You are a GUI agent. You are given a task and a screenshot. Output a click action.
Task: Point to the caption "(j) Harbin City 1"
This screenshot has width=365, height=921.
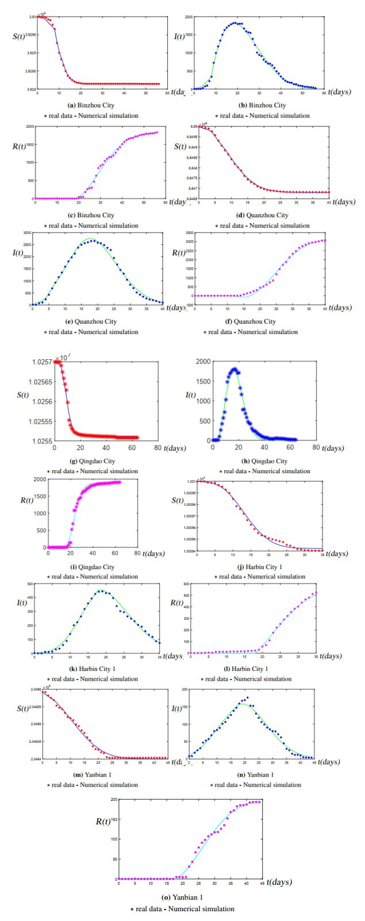click(259, 567)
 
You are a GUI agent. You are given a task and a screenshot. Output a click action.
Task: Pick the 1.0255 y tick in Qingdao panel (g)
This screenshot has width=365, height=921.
click(41, 441)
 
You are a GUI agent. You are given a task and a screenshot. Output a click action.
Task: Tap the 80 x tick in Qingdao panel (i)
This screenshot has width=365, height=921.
click(137, 553)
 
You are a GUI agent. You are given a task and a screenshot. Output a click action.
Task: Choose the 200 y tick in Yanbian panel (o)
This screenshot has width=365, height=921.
click(114, 799)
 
